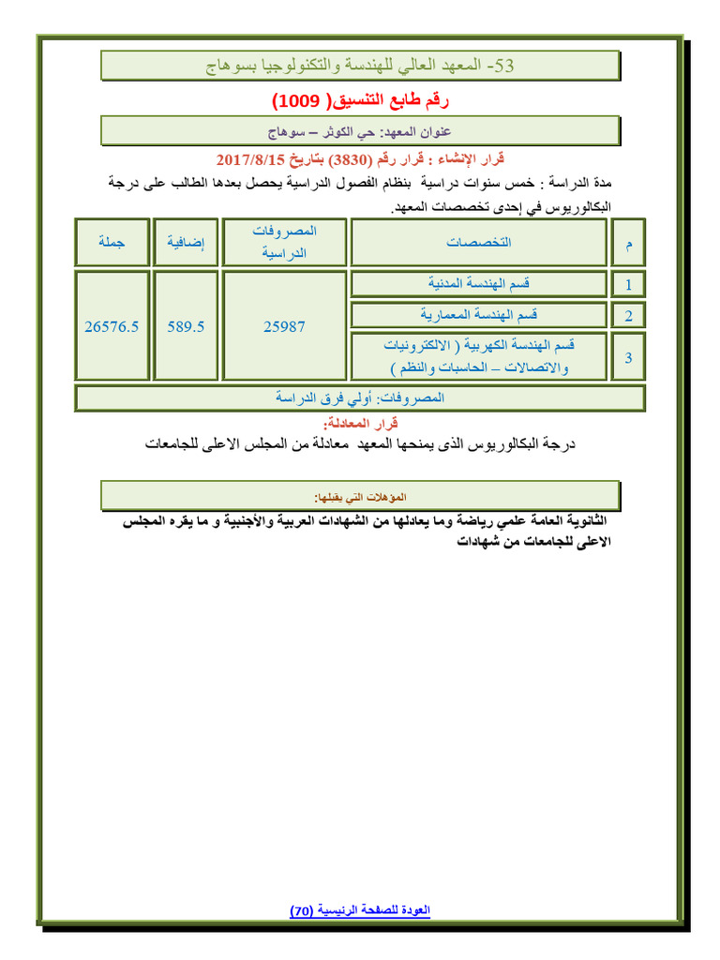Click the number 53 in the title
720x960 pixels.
tap(503, 66)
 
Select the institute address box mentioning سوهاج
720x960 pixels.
tap(360, 130)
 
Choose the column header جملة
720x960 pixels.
tap(112, 242)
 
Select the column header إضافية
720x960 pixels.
tap(186, 242)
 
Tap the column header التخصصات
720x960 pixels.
tap(478, 242)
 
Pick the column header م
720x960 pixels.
tap(628, 243)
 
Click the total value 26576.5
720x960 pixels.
tap(112, 326)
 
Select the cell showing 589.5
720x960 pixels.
tap(186, 326)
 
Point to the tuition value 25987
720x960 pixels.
tap(285, 326)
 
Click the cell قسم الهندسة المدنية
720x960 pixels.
tap(478, 282)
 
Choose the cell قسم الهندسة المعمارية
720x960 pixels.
tap(478, 314)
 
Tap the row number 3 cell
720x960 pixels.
tap(628, 357)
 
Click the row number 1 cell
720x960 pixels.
tap(628, 283)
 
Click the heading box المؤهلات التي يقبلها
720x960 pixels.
tap(360, 495)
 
